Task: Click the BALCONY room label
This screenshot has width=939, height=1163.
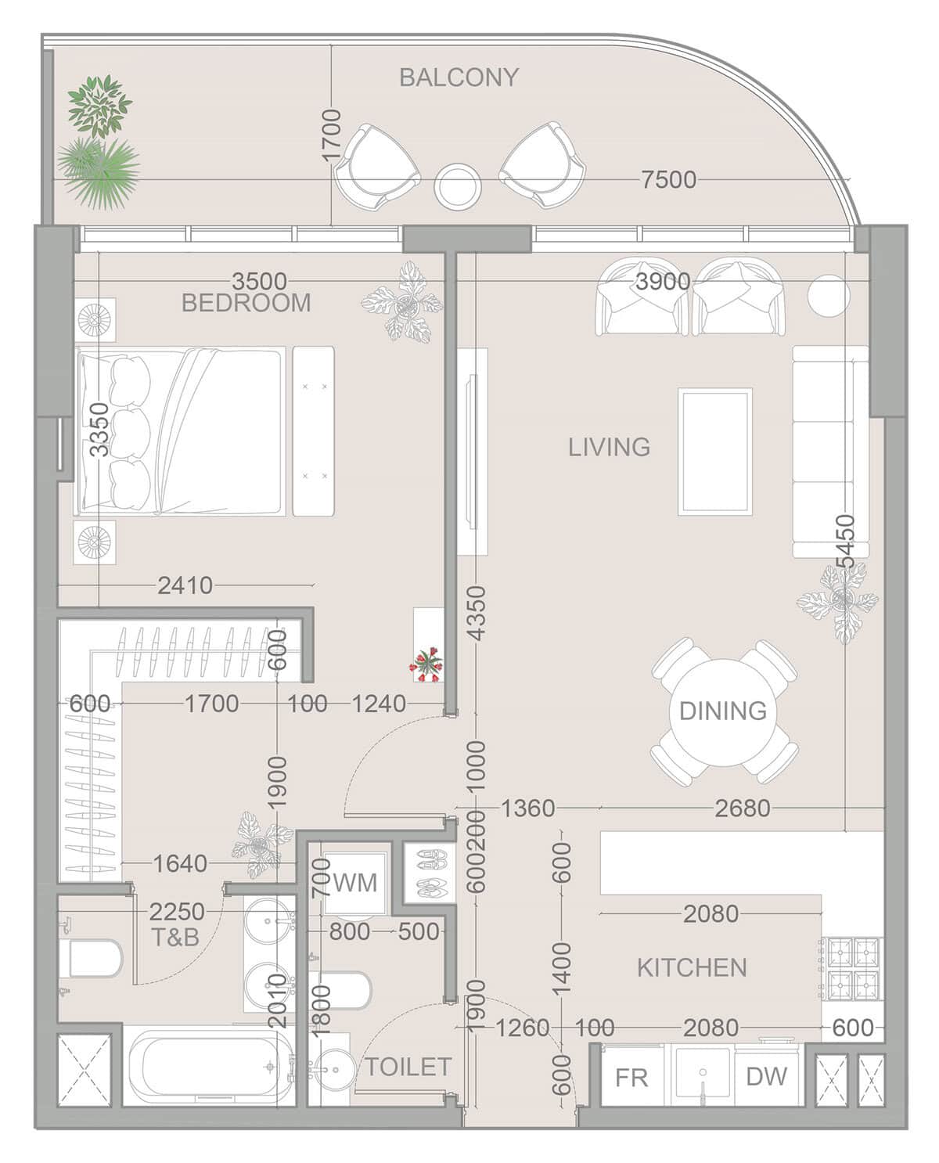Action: point(459,77)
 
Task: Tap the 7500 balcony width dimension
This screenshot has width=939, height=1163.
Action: point(668,180)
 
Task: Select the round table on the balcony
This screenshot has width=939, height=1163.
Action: point(458,185)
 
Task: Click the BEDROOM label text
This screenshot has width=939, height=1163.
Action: point(246,302)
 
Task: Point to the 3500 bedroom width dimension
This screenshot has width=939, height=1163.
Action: point(259,281)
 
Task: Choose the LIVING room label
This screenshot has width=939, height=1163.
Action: point(610,447)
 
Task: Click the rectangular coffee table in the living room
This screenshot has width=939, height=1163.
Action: point(715,452)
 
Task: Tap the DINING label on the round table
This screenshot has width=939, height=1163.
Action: point(723,711)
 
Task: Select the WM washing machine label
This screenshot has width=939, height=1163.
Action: point(355,882)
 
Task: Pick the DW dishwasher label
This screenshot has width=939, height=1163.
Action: point(767,1076)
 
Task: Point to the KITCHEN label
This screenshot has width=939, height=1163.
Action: point(692,968)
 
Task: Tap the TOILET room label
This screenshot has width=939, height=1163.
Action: point(408,1067)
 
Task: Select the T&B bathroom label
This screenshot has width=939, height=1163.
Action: point(174,937)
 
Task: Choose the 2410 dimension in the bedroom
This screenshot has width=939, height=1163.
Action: point(185,585)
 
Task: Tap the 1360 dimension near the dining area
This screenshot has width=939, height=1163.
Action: point(527,808)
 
